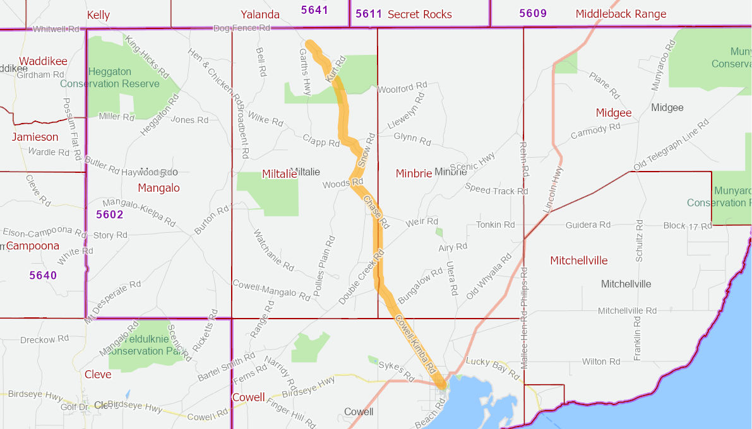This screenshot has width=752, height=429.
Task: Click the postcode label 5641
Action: [314, 9]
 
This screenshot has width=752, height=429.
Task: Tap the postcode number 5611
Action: [369, 14]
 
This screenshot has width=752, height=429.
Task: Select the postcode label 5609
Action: [533, 13]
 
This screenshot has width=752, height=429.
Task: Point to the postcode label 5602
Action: [110, 214]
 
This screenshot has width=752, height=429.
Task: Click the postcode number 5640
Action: [43, 275]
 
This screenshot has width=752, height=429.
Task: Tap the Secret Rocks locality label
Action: [420, 14]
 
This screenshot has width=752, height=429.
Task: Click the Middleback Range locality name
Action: [621, 14]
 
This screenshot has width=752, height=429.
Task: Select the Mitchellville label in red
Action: [579, 261]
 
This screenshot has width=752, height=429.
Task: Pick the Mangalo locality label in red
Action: [158, 187]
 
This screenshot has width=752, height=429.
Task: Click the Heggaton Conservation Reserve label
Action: [110, 78]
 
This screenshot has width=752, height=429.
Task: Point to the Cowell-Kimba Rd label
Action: [415, 343]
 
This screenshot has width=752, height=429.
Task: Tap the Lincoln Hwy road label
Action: [552, 189]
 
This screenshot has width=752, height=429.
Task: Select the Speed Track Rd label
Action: [496, 189]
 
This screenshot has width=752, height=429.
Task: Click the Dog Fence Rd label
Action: [242, 28]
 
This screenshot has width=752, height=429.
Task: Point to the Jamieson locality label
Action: [35, 137]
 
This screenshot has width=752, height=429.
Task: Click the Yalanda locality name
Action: [260, 15]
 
